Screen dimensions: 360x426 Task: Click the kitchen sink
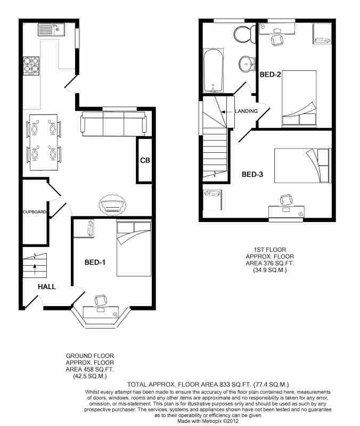51,30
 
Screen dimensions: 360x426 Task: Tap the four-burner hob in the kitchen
31,65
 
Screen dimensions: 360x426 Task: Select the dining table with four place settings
44,142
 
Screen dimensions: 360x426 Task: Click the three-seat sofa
113,124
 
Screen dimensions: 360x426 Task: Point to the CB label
145,161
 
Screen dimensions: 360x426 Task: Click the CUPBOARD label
35,212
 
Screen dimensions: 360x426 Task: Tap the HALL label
47,286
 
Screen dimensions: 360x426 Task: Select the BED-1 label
95,262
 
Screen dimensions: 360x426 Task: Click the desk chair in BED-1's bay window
101,300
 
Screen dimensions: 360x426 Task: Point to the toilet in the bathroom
244,34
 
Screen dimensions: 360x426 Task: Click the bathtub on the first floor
213,70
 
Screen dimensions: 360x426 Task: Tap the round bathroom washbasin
247,64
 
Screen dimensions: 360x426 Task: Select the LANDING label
246,111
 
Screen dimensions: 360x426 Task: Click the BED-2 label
270,74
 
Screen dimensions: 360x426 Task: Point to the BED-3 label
252,174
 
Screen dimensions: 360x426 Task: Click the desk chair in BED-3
287,200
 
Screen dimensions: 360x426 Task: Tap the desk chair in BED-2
277,39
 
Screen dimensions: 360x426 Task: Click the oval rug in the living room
113,204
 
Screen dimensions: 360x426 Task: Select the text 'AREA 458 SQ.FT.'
89,370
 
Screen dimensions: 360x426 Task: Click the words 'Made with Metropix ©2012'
208,421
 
